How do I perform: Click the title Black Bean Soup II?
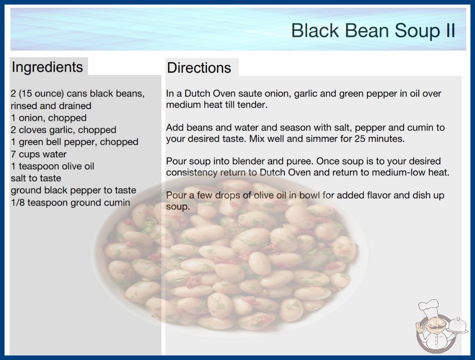click(x=373, y=30)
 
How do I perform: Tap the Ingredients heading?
click(x=47, y=67)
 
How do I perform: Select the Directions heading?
click(x=199, y=68)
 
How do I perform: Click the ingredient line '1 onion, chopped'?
click(x=49, y=118)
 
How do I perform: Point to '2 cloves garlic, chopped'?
click(x=63, y=130)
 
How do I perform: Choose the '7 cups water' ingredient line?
click(x=39, y=154)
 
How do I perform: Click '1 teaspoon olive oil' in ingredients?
click(x=52, y=166)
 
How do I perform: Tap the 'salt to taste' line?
click(x=36, y=178)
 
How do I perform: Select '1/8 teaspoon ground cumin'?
click(x=70, y=202)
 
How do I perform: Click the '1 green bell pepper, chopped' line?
click(x=74, y=142)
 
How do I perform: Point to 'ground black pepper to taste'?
click(x=73, y=190)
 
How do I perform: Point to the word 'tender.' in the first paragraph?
click(x=252, y=105)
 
